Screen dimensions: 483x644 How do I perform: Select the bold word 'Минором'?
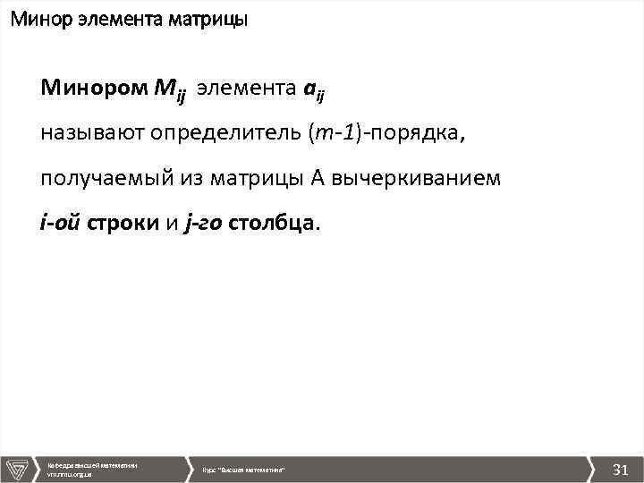tap(92, 89)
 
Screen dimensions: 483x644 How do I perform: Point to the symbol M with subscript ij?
tap(168, 91)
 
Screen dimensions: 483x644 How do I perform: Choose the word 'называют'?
tap(93, 134)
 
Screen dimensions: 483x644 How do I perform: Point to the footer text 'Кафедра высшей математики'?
tap(92, 464)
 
